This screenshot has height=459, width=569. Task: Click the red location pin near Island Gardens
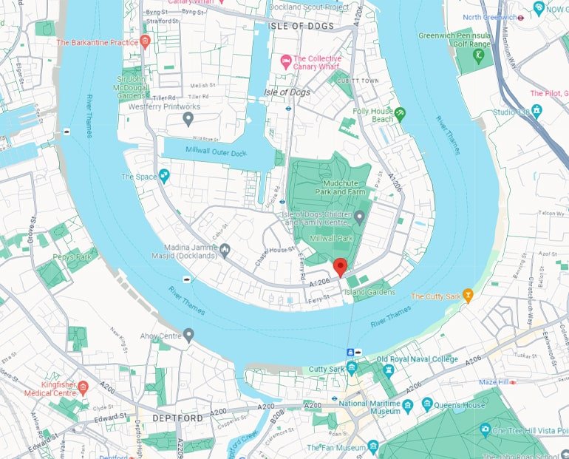point(340,266)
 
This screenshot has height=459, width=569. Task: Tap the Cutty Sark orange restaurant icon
point(467,296)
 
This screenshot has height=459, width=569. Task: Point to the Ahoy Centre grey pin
point(188,335)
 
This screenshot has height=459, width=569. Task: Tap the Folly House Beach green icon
point(400,114)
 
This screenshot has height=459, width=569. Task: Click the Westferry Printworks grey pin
point(188,118)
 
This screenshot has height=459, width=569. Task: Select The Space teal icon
point(164,176)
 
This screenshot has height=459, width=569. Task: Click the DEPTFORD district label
point(177,418)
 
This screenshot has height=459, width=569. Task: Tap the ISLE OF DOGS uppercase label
point(301,26)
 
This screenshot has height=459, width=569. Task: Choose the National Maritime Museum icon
point(407,404)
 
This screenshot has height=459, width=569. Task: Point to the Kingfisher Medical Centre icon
point(83,387)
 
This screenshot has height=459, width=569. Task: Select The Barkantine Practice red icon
point(145,42)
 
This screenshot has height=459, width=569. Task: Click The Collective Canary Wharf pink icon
point(284,59)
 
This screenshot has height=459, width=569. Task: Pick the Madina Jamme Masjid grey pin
point(225,249)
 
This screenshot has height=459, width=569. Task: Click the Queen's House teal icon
point(428,404)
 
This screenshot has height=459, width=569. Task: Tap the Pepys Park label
point(70,257)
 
